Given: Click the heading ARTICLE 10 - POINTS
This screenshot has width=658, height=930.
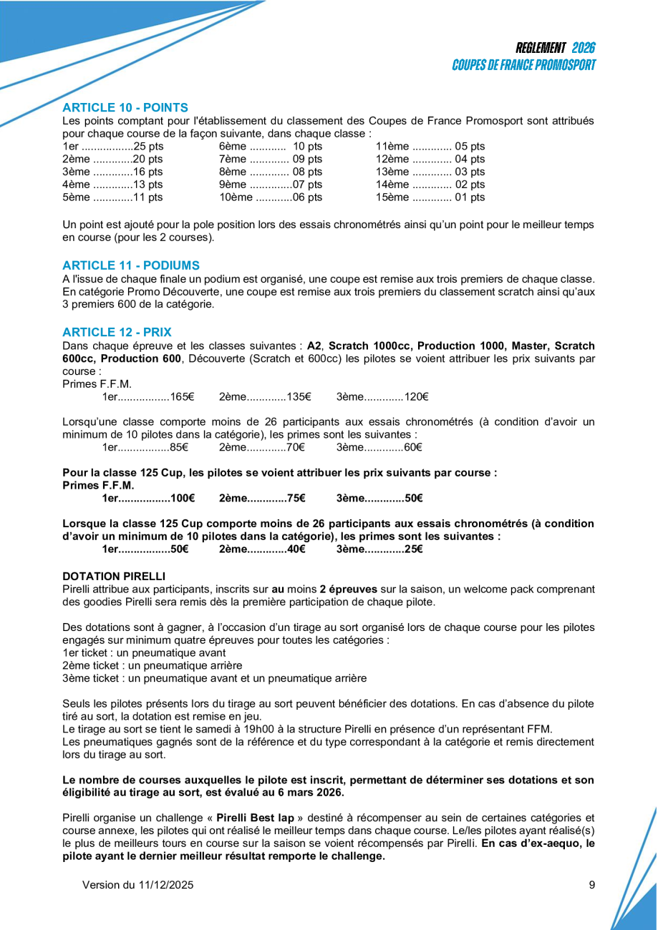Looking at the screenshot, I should pos(125,108).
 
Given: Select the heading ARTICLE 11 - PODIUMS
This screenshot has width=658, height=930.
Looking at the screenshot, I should pos(131,265).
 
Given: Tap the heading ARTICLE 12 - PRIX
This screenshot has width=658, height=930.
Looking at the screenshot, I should pos(117,332).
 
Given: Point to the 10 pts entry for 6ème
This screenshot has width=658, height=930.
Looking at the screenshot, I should pos(308,147).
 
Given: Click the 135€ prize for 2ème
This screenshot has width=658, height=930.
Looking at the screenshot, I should pos(299,397).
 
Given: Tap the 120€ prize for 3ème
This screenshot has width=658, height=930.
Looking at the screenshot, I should pos(416,397).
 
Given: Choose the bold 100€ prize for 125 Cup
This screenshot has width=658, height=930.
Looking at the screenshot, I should pos(182,498).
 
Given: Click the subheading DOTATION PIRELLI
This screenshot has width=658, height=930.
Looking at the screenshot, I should pos(114,576).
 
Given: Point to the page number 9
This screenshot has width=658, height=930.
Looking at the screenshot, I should pos(592,885).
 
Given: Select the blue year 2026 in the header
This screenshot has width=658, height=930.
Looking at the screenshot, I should pos(584,48).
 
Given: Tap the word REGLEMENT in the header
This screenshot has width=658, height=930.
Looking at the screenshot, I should pos(541,48).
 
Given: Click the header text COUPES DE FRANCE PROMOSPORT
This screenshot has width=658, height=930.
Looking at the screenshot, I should pos(524,65).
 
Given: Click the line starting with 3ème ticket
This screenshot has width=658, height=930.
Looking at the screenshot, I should pos(214,678).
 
